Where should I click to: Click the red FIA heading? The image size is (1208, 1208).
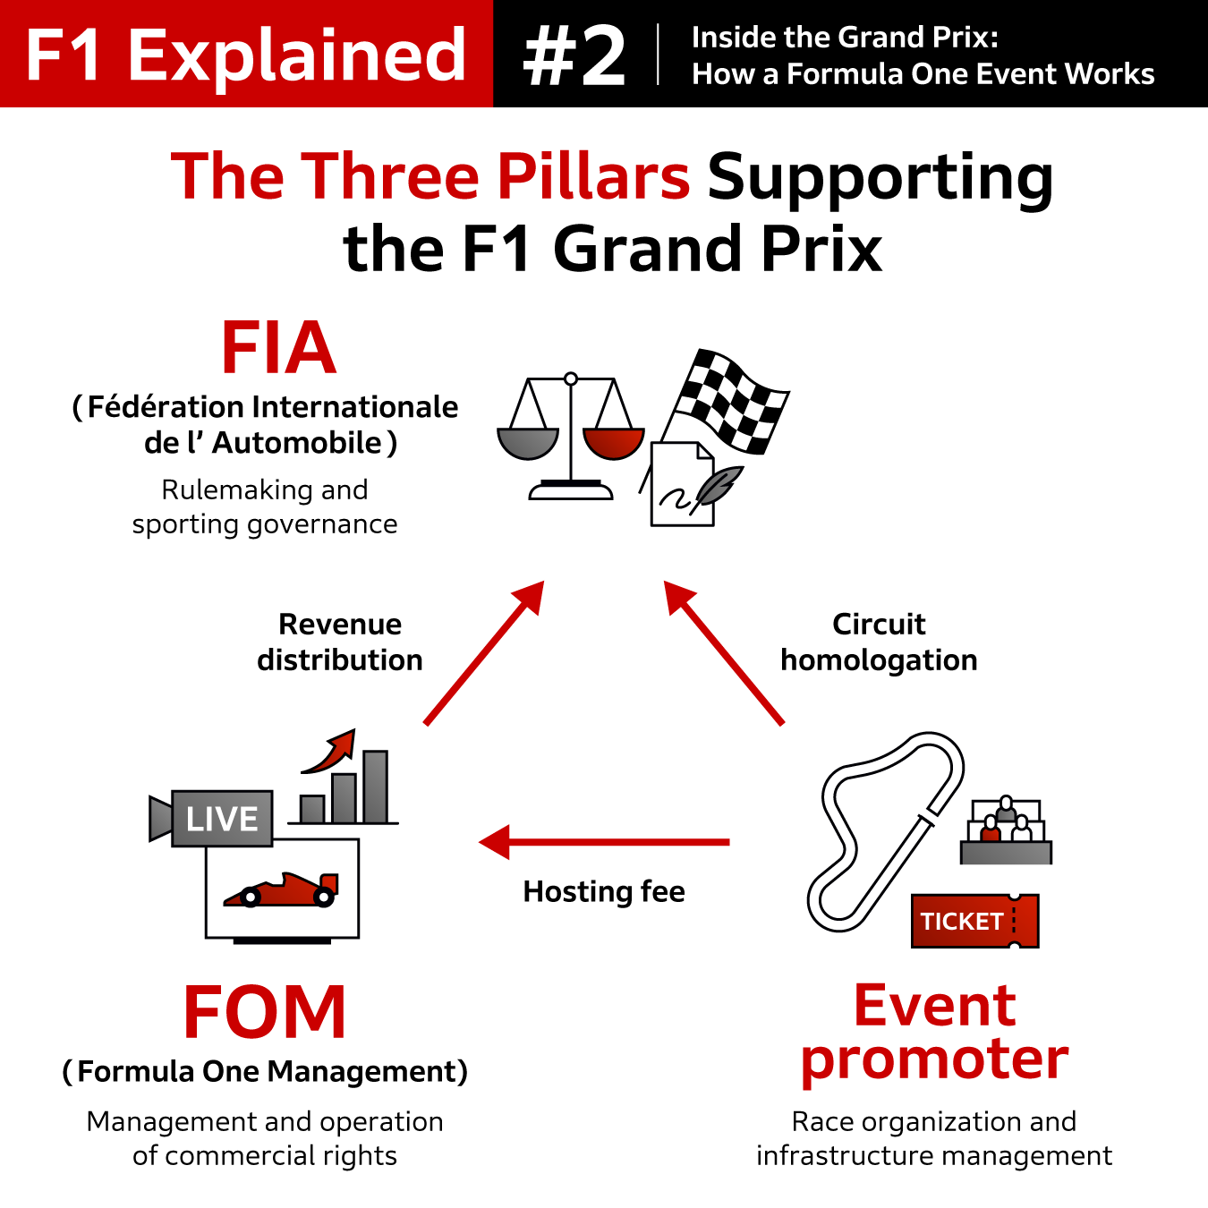[x=278, y=348]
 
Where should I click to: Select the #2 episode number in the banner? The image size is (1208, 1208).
[x=574, y=55]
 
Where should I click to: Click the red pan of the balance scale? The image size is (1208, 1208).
[x=613, y=441]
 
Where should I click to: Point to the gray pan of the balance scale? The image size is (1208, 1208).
[x=528, y=442]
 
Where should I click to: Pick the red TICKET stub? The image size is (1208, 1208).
[x=974, y=921]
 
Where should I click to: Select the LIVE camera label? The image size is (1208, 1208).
[x=221, y=819]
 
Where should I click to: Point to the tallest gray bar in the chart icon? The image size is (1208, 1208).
[x=375, y=787]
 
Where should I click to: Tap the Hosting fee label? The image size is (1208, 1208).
[x=604, y=891]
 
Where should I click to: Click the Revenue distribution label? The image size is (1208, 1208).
[x=340, y=642]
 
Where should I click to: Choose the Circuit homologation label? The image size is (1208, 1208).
[x=879, y=642]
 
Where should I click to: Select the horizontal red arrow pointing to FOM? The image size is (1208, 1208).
[x=604, y=842]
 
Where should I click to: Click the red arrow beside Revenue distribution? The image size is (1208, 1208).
[x=484, y=653]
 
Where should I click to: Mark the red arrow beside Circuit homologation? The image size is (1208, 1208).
[x=724, y=653]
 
